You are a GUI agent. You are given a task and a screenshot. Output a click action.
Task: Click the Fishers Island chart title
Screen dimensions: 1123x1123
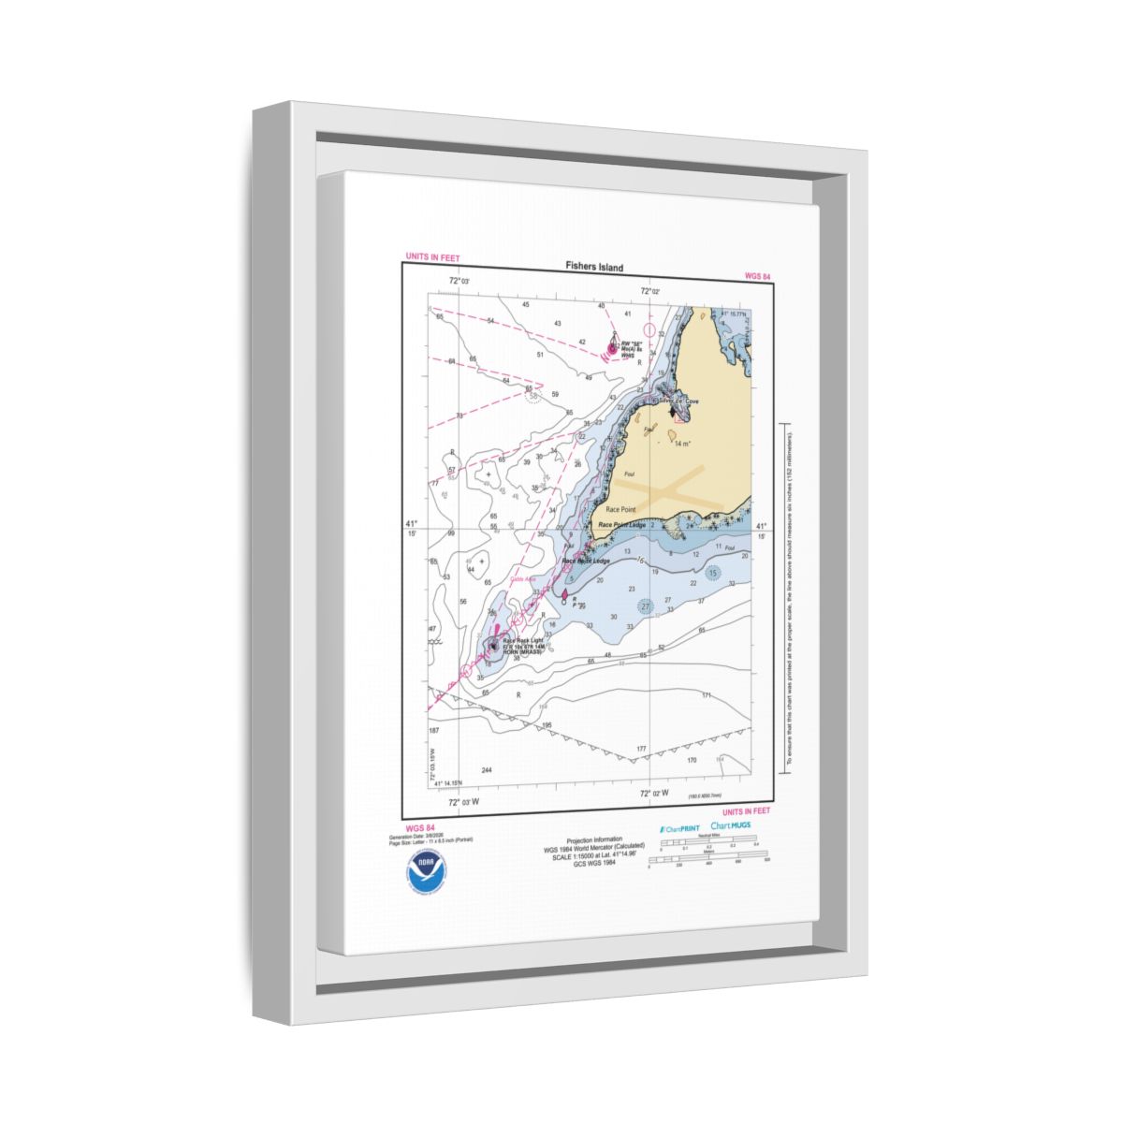pos(593,267)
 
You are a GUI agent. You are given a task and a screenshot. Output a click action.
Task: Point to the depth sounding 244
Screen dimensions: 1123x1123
pos(486,770)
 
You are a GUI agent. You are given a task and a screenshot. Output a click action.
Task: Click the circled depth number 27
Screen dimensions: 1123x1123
pos(645,606)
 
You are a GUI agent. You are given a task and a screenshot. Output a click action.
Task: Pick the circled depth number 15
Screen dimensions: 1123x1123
pos(713,573)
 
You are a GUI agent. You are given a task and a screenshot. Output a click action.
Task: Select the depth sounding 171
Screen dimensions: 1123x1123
pos(706,695)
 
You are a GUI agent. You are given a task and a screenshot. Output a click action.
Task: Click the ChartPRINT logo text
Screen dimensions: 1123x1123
pos(679,829)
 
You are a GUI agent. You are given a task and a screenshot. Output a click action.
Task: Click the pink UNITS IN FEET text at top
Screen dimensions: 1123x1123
pos(431,257)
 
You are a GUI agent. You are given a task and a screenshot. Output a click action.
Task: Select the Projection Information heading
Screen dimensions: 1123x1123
pos(594,839)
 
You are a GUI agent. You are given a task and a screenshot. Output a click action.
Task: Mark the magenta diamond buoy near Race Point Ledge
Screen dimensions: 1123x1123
pos(564,593)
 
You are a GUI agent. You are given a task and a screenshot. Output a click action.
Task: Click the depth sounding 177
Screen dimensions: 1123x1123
pos(642,749)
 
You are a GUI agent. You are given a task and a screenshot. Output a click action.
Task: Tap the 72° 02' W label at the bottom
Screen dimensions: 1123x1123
pos(654,794)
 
